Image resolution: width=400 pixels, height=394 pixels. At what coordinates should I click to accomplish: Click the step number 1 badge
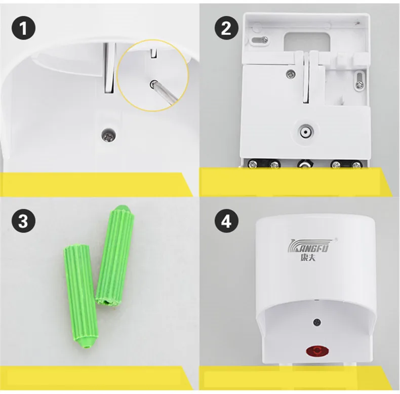point(23,28)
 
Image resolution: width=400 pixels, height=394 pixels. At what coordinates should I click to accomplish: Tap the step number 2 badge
point(226,28)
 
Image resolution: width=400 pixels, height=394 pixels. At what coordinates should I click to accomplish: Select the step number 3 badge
point(23,220)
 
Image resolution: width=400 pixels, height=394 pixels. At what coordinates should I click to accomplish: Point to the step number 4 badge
point(226,220)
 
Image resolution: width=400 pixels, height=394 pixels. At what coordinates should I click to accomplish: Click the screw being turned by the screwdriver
point(153,84)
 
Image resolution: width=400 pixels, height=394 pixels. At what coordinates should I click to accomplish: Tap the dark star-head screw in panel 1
point(108,134)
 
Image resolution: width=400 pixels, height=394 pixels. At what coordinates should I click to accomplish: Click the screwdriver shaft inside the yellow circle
point(166,94)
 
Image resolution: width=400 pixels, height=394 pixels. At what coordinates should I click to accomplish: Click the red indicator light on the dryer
point(317,351)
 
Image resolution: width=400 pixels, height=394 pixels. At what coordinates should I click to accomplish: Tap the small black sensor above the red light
point(317,322)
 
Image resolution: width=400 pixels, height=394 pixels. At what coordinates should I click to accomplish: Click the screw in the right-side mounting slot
point(360,85)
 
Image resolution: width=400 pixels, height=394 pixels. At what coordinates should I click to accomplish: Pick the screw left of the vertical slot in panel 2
point(291,74)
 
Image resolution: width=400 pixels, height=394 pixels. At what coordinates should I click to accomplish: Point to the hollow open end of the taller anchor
point(108,302)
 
